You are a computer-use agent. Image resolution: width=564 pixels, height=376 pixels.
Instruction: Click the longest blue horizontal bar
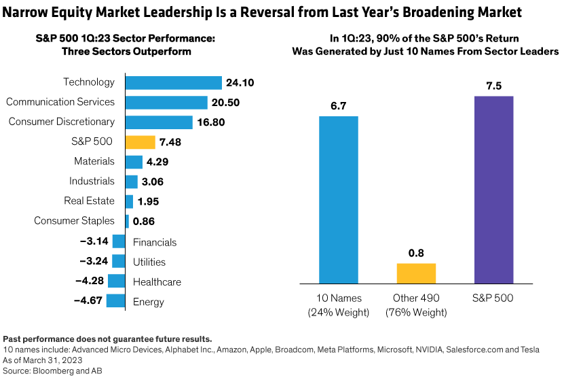tap(174, 83)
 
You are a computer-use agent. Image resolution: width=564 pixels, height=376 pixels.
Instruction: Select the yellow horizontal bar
tap(140, 143)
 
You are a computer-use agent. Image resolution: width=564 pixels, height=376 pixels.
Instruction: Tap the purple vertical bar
tap(493, 189)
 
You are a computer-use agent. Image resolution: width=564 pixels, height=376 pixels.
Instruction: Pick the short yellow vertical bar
tap(416, 273)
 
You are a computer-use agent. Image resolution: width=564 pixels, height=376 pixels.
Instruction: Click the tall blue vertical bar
tap(339, 199)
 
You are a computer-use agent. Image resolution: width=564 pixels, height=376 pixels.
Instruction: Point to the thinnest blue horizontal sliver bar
tap(127, 222)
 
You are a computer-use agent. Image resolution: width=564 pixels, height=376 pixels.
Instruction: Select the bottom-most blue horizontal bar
tap(115, 301)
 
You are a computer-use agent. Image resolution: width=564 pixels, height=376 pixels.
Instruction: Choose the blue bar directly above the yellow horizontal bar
tap(159, 122)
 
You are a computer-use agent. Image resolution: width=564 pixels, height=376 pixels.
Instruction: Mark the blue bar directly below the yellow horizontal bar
tap(134, 163)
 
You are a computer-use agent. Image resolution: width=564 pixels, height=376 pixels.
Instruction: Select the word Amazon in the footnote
tap(233, 349)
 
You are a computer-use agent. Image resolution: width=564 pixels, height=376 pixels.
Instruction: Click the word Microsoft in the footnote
tap(393, 349)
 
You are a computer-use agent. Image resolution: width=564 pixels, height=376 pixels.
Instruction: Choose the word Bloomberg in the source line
tap(54, 371)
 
